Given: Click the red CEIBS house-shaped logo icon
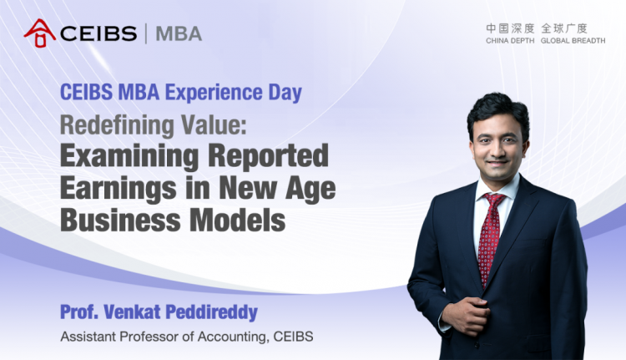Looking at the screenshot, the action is (x=40, y=33).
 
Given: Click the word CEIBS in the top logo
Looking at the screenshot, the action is (x=98, y=33).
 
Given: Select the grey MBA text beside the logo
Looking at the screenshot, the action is (x=179, y=33).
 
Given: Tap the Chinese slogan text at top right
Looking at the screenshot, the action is (x=537, y=28).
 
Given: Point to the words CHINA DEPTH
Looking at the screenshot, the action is (x=510, y=41).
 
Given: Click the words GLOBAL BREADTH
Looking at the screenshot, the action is (x=573, y=41).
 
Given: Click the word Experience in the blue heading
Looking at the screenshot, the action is (x=214, y=93).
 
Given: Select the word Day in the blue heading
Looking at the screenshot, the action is (x=285, y=93).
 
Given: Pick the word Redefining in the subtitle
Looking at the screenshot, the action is (x=117, y=124).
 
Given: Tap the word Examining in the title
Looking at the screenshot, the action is (x=129, y=156).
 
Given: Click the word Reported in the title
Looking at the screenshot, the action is (x=268, y=157).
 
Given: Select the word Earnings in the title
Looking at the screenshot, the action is (x=119, y=189).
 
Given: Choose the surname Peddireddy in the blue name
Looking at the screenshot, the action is (x=211, y=312).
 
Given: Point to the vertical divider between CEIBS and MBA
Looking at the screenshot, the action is (x=146, y=33).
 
